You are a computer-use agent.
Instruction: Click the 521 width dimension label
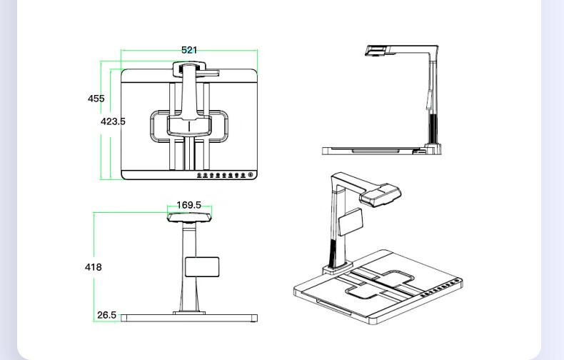[189, 50]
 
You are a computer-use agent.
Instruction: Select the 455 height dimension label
[96, 99]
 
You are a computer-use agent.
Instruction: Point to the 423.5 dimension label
[113, 121]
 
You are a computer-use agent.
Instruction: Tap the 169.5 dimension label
[188, 205]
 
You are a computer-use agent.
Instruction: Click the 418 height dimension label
[93, 267]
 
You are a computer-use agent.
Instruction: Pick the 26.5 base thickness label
[106, 315]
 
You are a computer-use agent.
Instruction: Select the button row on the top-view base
[224, 174]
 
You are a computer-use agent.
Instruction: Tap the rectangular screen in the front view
[201, 266]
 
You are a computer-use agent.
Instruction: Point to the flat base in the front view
[188, 318]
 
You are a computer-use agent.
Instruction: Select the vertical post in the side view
[433, 100]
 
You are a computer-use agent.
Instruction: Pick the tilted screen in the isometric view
[350, 221]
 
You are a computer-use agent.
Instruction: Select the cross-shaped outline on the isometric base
[378, 281]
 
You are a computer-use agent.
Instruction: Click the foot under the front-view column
[189, 311]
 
